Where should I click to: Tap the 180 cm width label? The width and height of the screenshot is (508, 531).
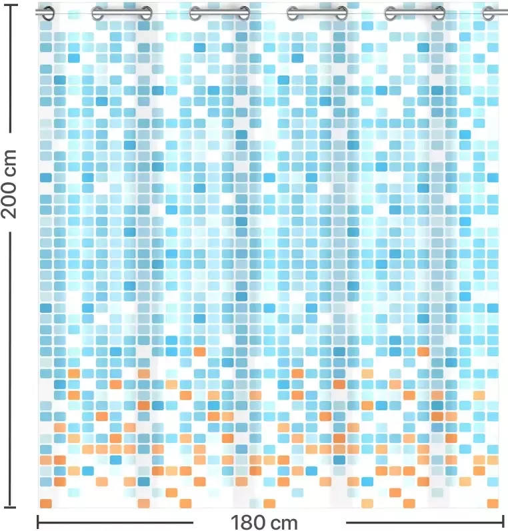(265, 522)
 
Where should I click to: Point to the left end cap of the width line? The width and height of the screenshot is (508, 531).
(38, 522)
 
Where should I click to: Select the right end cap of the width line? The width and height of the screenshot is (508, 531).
(503, 522)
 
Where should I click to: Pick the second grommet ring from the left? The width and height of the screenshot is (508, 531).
(97, 12)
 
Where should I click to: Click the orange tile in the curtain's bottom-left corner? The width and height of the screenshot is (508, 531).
(46, 504)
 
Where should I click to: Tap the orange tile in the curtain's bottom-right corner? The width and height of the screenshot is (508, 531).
(493, 504)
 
